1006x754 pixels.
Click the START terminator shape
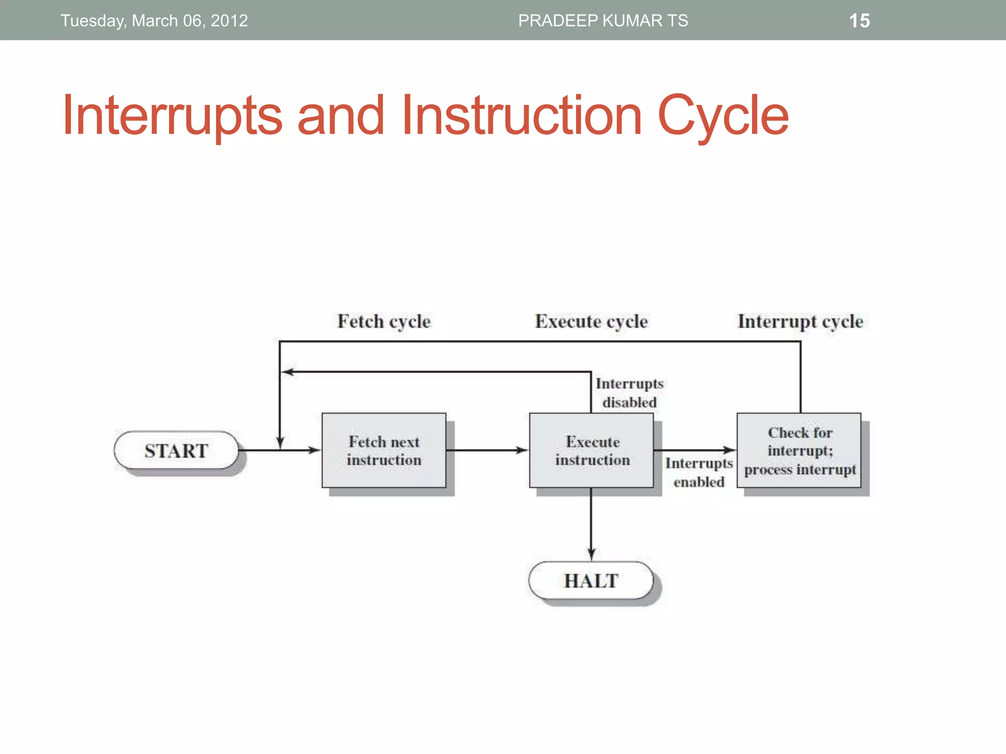(x=176, y=451)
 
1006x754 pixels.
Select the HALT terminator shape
(x=591, y=581)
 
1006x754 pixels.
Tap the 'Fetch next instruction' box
(x=384, y=451)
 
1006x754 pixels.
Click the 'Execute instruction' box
(x=591, y=451)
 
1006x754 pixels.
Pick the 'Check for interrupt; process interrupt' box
(x=799, y=451)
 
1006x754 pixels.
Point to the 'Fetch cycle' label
(x=384, y=322)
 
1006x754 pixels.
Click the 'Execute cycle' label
(x=591, y=322)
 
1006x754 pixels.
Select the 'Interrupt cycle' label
(x=800, y=322)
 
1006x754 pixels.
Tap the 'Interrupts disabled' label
(x=629, y=393)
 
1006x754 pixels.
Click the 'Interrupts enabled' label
(x=699, y=472)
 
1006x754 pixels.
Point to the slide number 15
(x=859, y=21)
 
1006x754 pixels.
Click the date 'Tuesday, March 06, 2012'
(x=154, y=21)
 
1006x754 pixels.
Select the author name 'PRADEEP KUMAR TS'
(x=603, y=21)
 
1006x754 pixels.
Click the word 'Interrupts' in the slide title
(x=172, y=116)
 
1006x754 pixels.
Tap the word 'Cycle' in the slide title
(x=723, y=116)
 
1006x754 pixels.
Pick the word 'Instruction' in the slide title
(x=522, y=116)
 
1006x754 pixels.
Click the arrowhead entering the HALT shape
(x=591, y=555)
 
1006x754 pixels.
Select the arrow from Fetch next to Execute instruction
(x=486, y=450)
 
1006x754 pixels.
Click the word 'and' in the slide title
(x=340, y=116)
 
